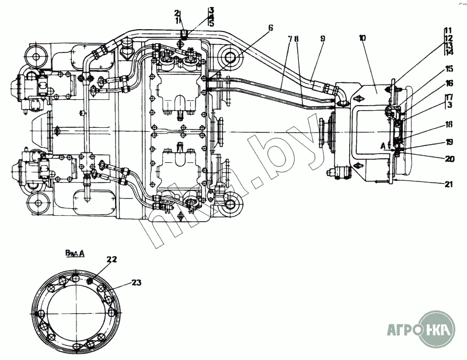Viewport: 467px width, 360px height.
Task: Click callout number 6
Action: [270, 27]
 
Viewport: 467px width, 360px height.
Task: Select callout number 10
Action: [363, 39]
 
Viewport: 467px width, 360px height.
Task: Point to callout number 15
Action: [449, 68]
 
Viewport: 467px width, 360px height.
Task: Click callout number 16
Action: [449, 83]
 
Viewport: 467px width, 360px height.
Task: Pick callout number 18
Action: [449, 124]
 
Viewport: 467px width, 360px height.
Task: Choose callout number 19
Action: [449, 141]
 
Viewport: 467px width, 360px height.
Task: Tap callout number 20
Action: [449, 158]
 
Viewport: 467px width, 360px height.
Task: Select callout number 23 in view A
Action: [135, 282]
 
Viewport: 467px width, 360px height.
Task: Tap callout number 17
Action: [449, 97]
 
